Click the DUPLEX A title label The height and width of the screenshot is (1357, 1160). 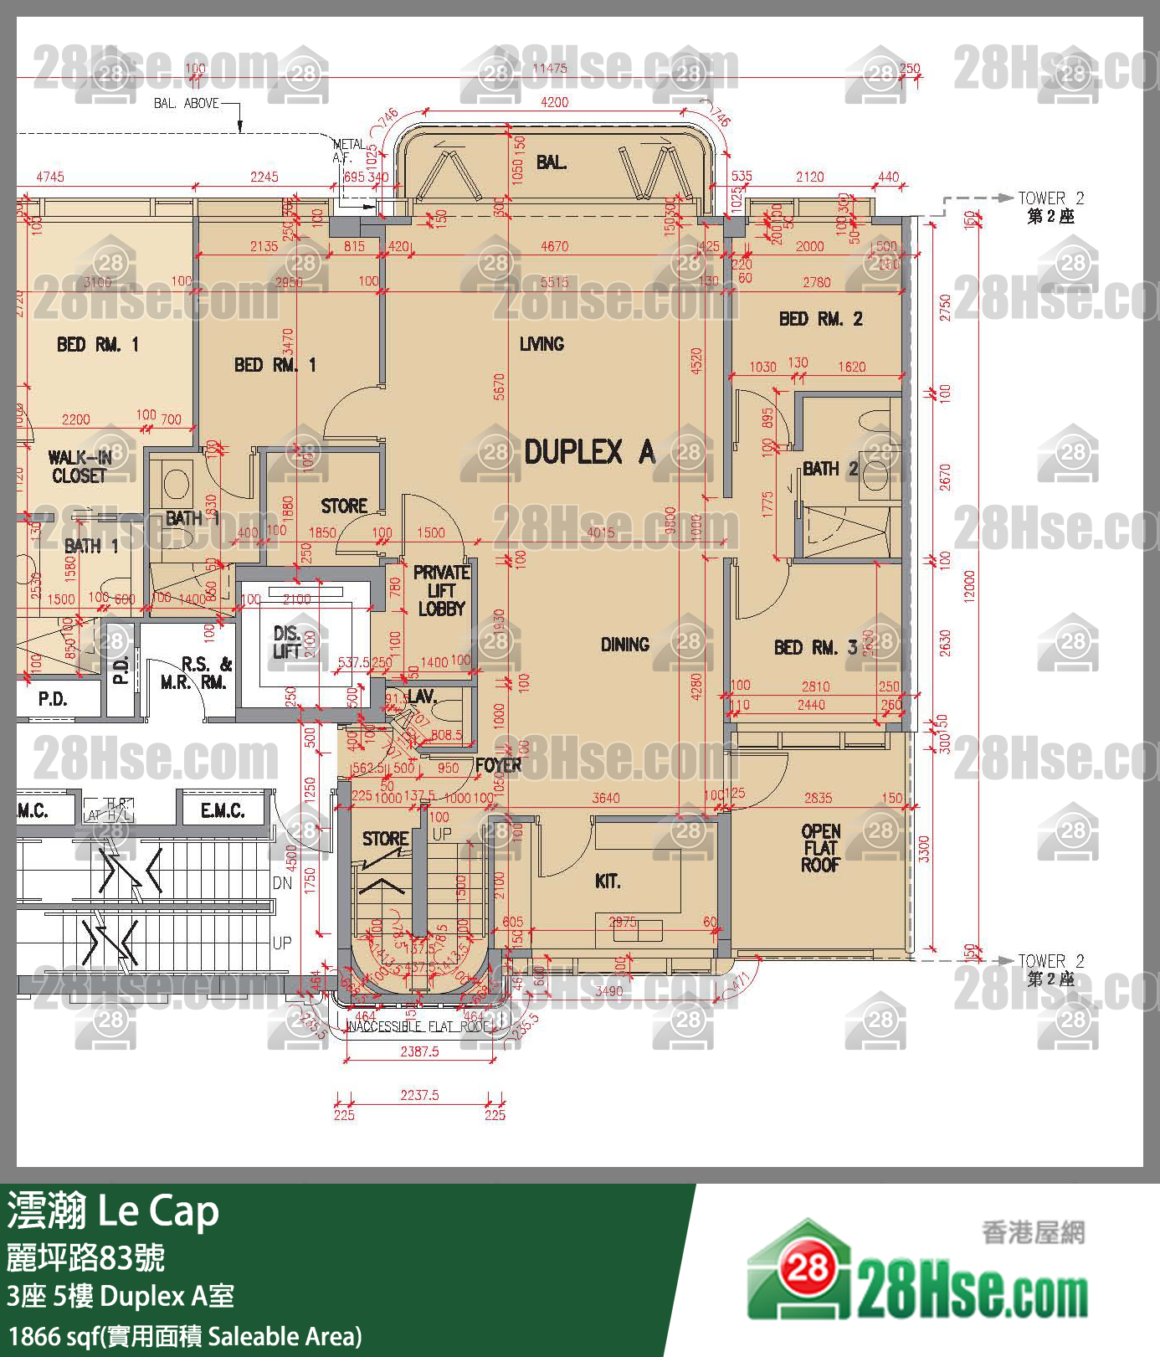point(589,453)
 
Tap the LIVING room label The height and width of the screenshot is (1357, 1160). point(542,344)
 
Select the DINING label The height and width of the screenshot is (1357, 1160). point(625,645)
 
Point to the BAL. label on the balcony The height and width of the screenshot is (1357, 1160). point(551,162)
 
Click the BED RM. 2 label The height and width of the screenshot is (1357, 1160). point(820,319)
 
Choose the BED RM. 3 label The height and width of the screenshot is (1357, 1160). point(815,647)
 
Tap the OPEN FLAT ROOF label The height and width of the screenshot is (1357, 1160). point(821,848)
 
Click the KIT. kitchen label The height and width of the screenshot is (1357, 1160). point(608,882)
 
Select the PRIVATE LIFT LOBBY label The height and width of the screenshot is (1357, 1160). point(441,591)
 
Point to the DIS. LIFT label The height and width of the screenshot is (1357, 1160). point(287,642)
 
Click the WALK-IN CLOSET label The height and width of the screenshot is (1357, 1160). point(80,467)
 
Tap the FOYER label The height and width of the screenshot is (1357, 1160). point(498,765)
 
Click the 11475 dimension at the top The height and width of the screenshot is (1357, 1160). point(550,69)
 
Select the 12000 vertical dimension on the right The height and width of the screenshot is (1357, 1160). point(969,586)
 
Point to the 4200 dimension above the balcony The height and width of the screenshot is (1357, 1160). point(554,102)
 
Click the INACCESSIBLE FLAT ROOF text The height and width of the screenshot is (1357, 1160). point(418,1026)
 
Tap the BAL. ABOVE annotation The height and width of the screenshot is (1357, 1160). point(186,103)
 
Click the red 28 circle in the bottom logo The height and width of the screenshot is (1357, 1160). point(808,1269)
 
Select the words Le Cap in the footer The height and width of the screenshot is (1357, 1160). point(159,1211)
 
